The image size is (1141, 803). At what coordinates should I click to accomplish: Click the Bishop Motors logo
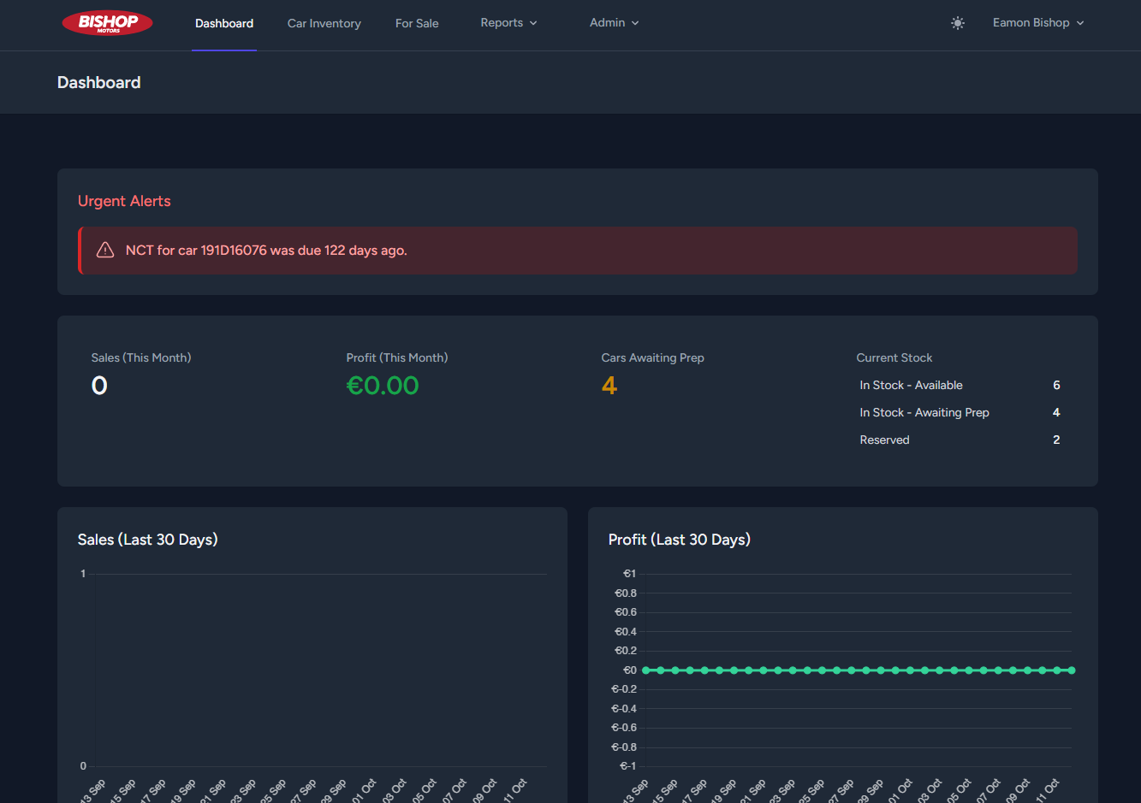107,23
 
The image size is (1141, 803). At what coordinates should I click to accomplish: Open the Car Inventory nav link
324,23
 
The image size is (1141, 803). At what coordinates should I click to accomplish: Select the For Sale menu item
417,23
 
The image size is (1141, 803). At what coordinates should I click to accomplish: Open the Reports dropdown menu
508,23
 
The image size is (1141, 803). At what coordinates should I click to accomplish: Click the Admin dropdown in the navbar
614,23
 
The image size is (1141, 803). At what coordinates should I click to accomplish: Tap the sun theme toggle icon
958,23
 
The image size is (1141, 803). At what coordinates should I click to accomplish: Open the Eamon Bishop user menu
1037,23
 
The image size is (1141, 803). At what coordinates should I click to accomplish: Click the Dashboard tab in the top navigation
224,23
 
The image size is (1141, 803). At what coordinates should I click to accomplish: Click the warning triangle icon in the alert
105,251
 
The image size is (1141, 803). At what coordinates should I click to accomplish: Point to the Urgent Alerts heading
124,201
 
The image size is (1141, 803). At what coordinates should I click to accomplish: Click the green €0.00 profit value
383,386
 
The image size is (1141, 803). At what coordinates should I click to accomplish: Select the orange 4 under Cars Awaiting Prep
609,386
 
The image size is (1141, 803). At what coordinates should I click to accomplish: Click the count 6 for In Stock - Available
1056,386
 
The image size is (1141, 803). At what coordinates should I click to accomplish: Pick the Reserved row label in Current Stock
884,440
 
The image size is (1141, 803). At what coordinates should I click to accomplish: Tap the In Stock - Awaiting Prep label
924,412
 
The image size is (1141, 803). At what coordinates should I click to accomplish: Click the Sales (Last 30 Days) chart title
147,540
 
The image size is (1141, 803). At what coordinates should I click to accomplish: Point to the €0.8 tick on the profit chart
626,593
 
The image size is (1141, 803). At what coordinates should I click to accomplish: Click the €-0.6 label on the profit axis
624,728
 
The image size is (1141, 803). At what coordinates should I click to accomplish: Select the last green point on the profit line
1071,670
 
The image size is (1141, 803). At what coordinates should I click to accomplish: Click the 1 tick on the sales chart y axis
83,574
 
